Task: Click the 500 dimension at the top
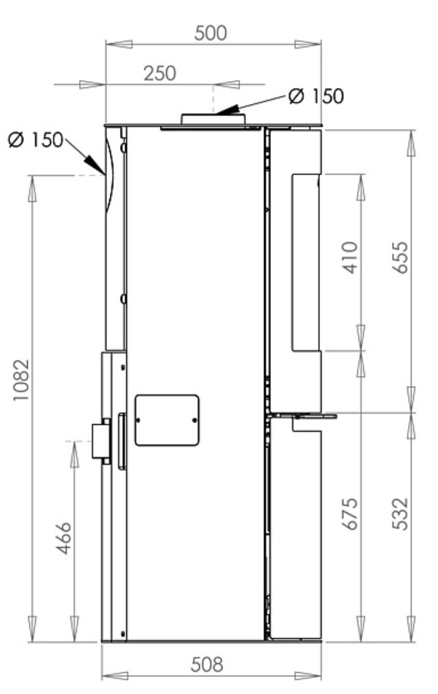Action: pyautogui.click(x=210, y=33)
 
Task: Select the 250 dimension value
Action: pyautogui.click(x=159, y=73)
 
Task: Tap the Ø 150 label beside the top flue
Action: pyautogui.click(x=316, y=96)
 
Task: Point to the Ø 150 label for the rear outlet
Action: pyautogui.click(x=36, y=140)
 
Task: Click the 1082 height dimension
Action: pyautogui.click(x=20, y=380)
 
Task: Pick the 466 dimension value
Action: pyautogui.click(x=64, y=538)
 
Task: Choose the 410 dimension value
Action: pyautogui.click(x=350, y=258)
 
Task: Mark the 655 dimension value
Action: pyautogui.click(x=400, y=258)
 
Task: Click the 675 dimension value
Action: pyautogui.click(x=350, y=513)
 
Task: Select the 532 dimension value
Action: pyautogui.click(x=400, y=513)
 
